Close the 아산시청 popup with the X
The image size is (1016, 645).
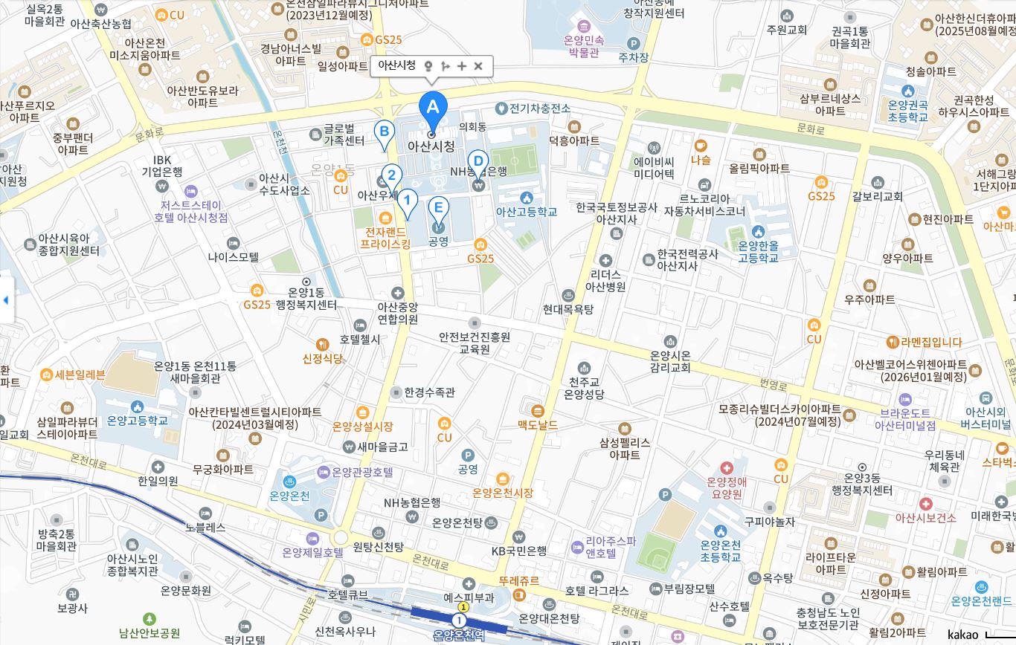pos(478,66)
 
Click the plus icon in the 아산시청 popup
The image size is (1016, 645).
pos(462,66)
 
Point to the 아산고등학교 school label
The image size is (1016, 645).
pos(527,211)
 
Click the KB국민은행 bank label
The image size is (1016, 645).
pos(519,551)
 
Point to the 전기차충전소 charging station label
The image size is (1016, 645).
pos(540,108)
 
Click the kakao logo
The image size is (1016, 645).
pos(962,634)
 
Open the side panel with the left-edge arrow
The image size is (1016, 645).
pos(6,300)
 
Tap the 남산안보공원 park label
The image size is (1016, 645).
pos(149,633)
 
